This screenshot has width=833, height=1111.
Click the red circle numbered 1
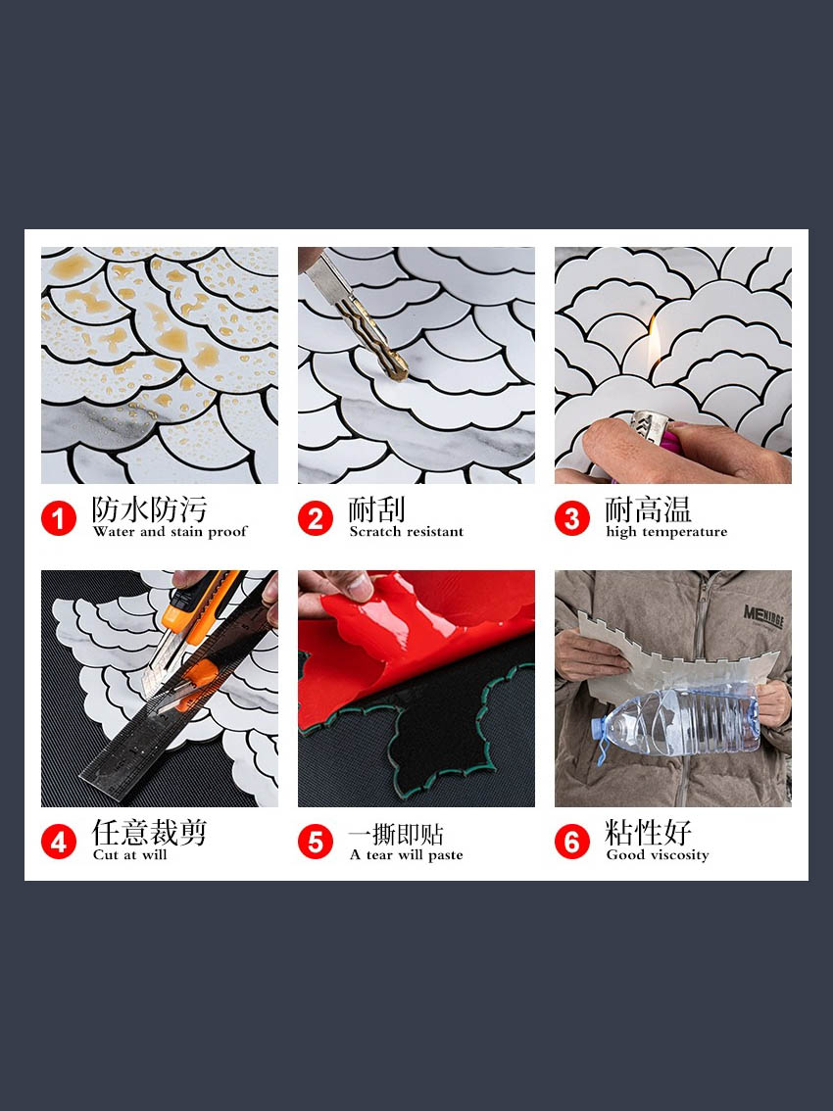point(59,518)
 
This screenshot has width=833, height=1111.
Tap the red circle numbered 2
point(316,518)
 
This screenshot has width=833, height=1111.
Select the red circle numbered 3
point(572,518)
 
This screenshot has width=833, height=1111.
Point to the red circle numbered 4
point(59,842)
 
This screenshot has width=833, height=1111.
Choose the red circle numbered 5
point(316,842)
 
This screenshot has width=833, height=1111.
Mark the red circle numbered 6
point(572,842)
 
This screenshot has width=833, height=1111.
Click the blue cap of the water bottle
point(599,728)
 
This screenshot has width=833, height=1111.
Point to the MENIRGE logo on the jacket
point(763,617)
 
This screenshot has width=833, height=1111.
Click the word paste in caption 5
point(445,856)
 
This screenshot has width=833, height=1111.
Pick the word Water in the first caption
point(114,531)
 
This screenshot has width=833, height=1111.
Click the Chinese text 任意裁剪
point(149,833)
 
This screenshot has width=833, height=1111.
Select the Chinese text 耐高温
point(648,509)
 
